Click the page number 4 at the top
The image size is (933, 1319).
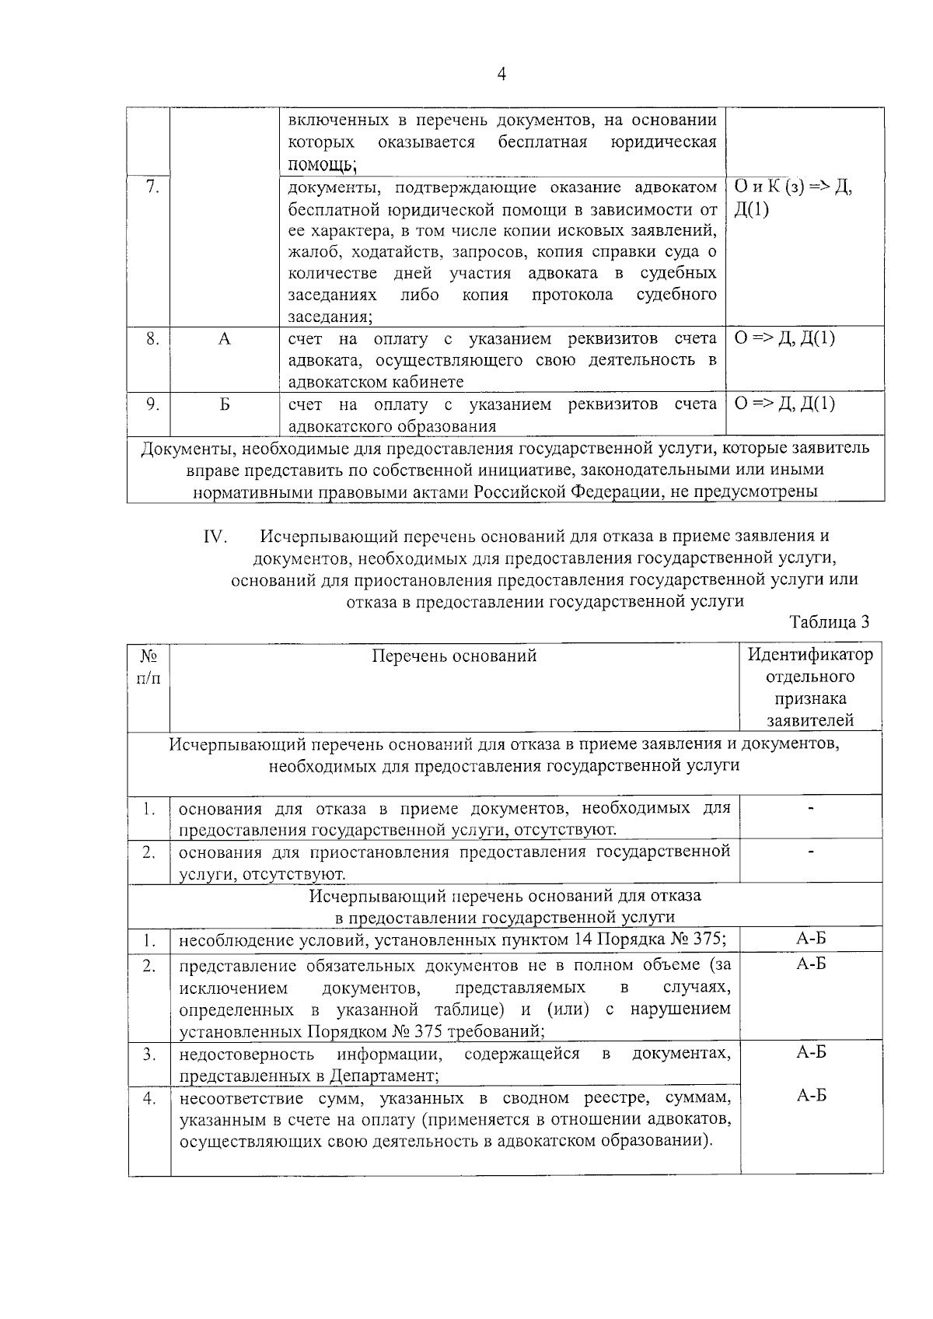[501, 74]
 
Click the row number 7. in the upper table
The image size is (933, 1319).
[152, 187]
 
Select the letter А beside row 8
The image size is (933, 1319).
[224, 339]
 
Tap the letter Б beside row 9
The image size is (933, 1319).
[224, 404]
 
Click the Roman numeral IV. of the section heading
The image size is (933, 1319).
[215, 537]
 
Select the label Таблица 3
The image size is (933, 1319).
[829, 622]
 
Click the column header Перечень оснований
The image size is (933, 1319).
[454, 656]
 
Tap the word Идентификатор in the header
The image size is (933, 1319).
[810, 655]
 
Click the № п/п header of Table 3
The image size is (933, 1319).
[149, 666]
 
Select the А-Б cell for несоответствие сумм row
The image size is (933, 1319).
[811, 1097]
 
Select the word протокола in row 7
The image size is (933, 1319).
[572, 296]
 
